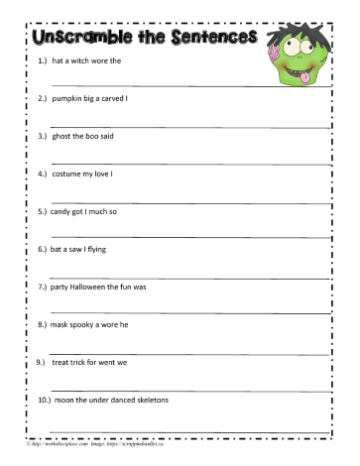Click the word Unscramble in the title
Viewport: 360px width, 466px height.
(x=74, y=39)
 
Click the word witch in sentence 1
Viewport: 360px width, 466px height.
(x=80, y=60)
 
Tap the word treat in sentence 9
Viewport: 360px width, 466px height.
(x=65, y=361)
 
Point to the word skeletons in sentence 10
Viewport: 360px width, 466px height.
(x=150, y=400)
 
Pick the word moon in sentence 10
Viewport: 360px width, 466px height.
(x=66, y=400)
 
